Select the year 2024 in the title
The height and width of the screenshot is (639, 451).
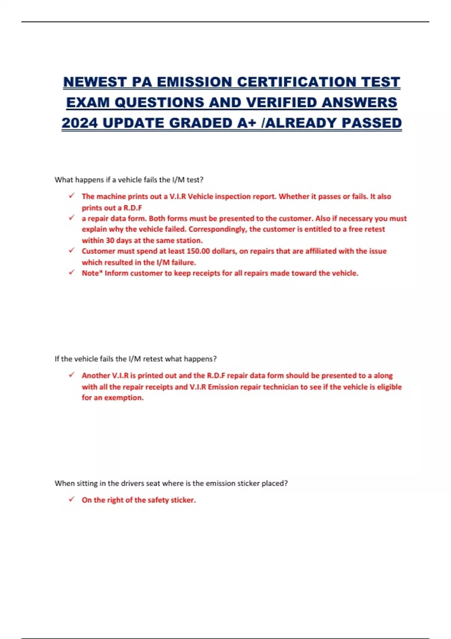tap(79, 123)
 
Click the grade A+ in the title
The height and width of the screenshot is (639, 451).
tap(246, 123)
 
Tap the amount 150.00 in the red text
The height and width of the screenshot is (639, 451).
tap(198, 251)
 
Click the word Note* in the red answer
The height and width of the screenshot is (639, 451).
tap(92, 273)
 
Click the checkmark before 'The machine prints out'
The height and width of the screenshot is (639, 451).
tap(71, 195)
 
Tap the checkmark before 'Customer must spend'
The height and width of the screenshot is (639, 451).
tap(71, 250)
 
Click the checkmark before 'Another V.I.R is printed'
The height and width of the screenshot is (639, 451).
tap(71, 375)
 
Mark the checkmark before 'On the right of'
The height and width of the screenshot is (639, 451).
tap(71, 499)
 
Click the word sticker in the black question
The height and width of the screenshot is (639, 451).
tap(248, 483)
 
